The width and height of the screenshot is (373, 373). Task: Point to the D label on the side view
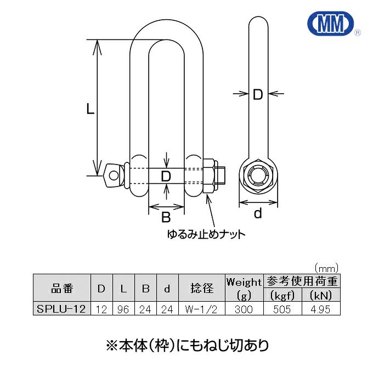coord(258,95)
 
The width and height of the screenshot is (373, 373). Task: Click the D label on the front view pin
coord(166,177)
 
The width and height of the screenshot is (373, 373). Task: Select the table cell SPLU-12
coord(60,309)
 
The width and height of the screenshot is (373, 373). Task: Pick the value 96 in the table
coord(123,309)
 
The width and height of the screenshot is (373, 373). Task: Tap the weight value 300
coord(244,309)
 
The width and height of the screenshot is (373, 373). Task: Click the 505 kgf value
coord(283,309)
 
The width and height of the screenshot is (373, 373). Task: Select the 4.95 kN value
coord(320,309)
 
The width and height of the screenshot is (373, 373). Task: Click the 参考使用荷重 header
coord(302,281)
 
